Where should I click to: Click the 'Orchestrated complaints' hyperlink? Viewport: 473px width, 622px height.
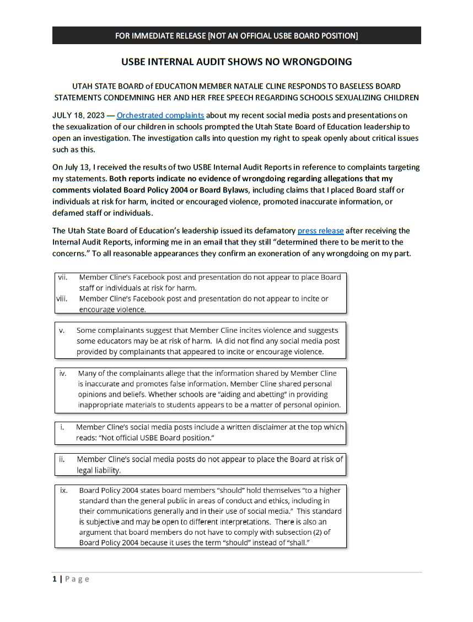pyautogui.click(x=160, y=116)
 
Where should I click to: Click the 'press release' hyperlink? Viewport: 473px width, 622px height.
pyautogui.click(x=320, y=231)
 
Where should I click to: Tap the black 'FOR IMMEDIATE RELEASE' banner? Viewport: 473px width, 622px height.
pyautogui.click(x=237, y=36)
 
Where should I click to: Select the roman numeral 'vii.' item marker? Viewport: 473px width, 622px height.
pyautogui.click(x=63, y=277)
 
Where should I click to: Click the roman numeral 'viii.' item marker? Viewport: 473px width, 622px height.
pyautogui.click(x=62, y=299)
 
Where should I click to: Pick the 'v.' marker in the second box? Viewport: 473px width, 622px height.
pyautogui.click(x=62, y=331)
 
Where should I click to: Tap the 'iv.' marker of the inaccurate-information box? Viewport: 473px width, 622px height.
pyautogui.click(x=63, y=374)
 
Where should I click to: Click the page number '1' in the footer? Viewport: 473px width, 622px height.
pyautogui.click(x=55, y=579)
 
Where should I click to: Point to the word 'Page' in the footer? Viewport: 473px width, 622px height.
pyautogui.click(x=77, y=579)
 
